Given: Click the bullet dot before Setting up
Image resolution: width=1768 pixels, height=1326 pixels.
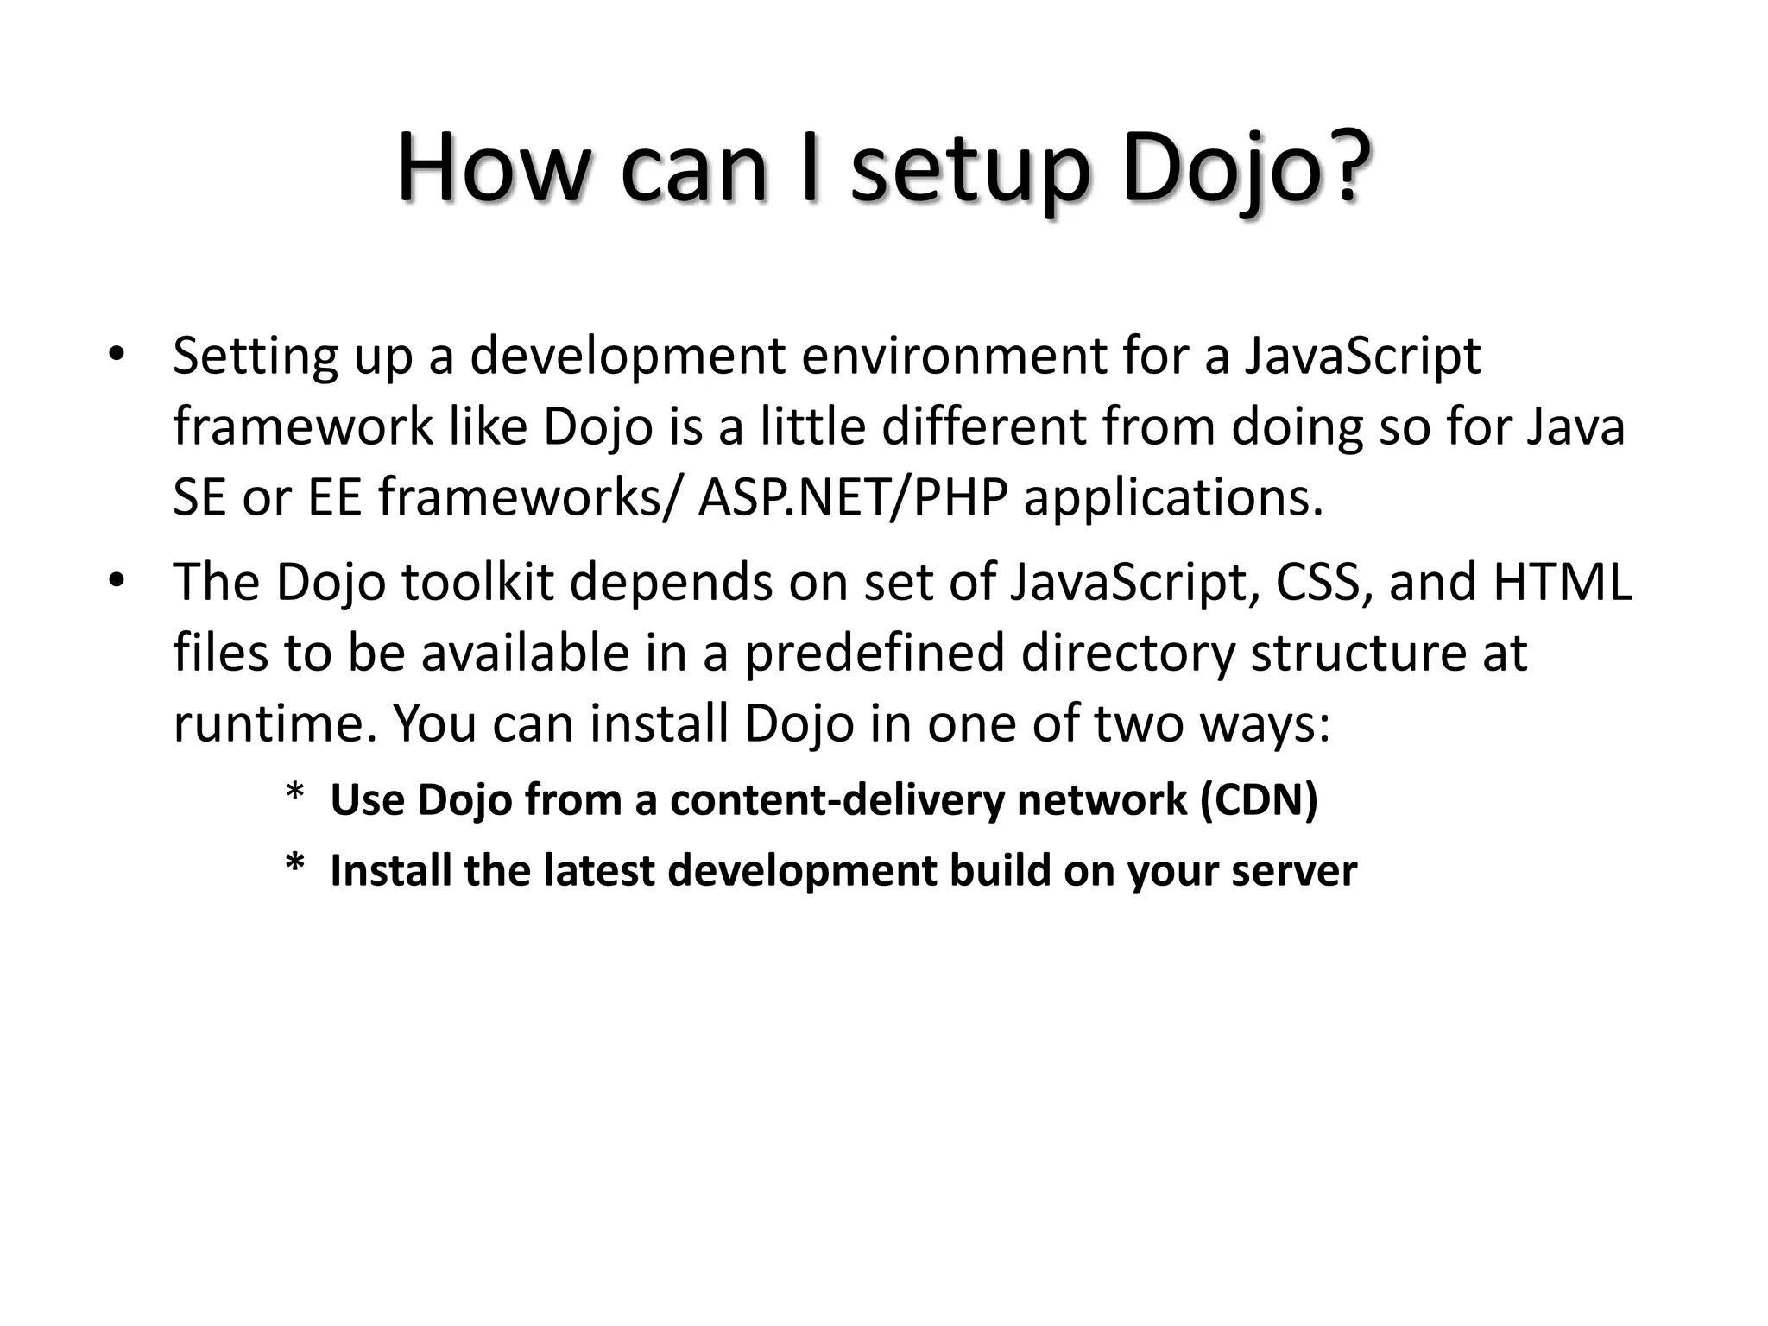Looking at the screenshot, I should [117, 356].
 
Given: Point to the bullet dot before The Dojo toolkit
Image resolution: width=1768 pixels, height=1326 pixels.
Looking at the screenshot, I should [117, 581].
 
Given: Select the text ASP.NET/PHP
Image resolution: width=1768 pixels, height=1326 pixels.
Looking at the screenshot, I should [853, 498].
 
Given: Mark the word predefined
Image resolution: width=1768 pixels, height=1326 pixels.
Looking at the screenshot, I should [875, 654].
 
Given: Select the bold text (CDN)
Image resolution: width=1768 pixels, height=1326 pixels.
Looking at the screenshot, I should [1259, 800].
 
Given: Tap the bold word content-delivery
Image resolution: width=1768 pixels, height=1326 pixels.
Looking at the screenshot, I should [837, 800].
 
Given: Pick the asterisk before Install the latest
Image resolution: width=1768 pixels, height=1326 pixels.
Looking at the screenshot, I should [295, 865].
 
